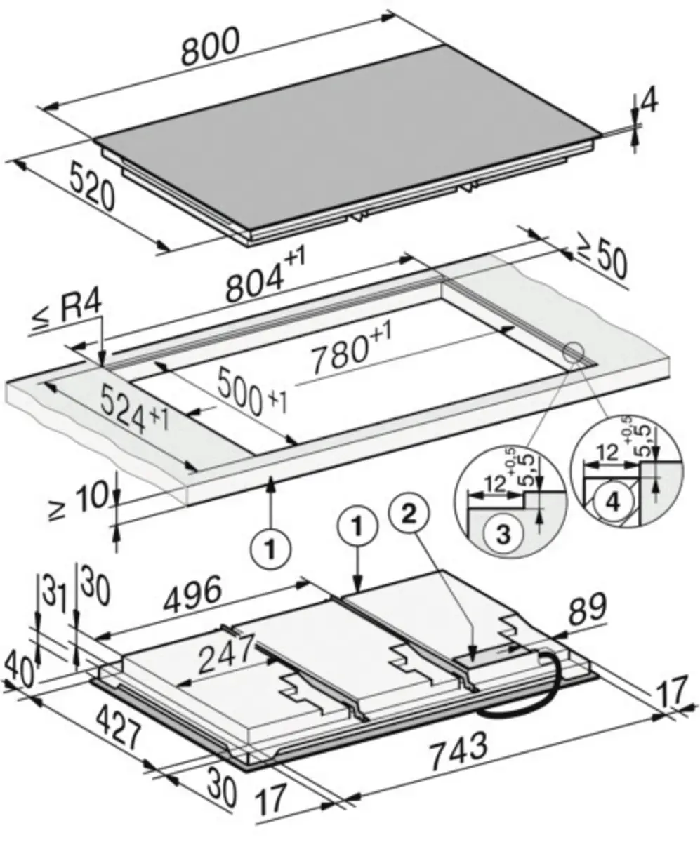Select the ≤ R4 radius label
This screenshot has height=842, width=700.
pyautogui.click(x=67, y=312)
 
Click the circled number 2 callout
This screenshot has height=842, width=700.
pyautogui.click(x=409, y=515)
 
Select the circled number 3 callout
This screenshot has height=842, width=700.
pyautogui.click(x=503, y=535)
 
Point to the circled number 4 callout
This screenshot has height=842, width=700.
pyautogui.click(x=613, y=502)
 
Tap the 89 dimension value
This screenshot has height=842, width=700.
pyautogui.click(x=588, y=608)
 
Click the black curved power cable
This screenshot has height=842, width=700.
pyautogui.click(x=525, y=687)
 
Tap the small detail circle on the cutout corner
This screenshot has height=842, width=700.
pyautogui.click(x=574, y=353)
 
